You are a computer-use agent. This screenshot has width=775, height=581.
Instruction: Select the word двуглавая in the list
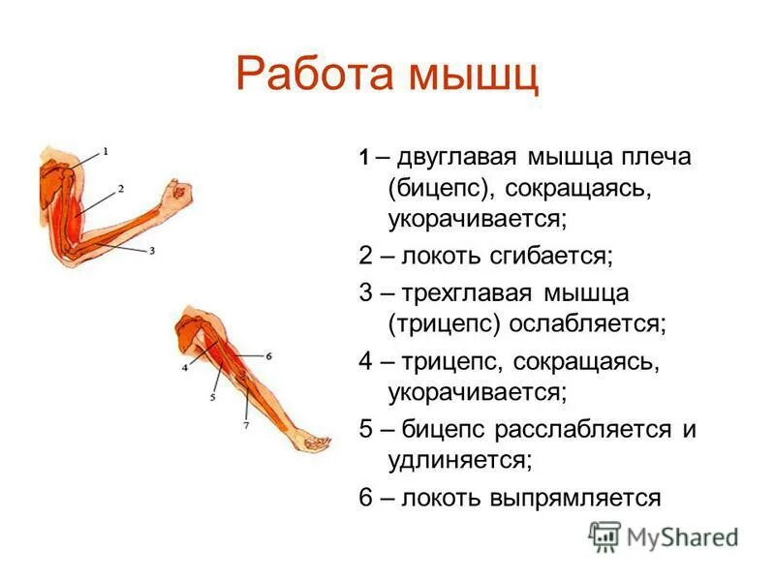tap(458, 156)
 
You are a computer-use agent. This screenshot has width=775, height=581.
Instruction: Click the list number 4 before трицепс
tap(365, 361)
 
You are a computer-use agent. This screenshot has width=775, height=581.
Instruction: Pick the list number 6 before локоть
tap(365, 498)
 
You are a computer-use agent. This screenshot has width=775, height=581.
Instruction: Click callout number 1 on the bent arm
tap(106, 151)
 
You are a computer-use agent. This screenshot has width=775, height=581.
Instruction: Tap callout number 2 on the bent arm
tap(120, 188)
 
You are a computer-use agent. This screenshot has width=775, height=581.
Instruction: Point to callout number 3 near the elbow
tap(152, 250)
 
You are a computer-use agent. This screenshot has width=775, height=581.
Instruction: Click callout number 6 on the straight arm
tap(268, 356)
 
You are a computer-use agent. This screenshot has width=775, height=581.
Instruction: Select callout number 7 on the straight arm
tap(246, 425)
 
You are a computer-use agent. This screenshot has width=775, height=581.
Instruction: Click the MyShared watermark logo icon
tap(605, 535)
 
